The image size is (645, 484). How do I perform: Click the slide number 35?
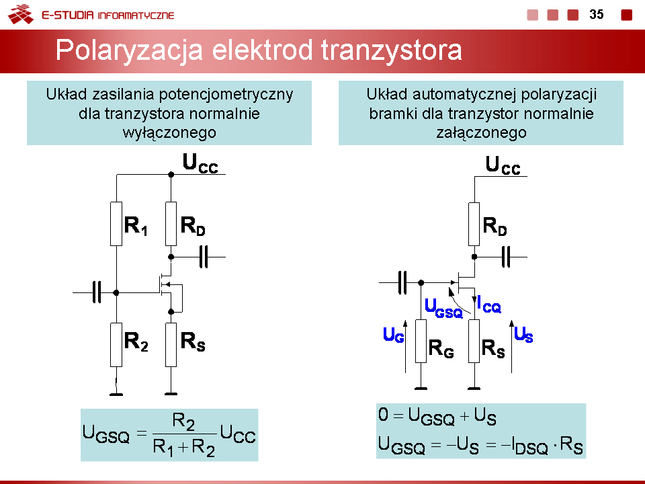pyautogui.click(x=597, y=14)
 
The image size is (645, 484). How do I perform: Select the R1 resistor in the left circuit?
pyautogui.click(x=116, y=224)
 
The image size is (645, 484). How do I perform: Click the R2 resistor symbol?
pyautogui.click(x=116, y=344)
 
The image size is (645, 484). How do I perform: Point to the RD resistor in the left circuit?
pyautogui.click(x=171, y=224)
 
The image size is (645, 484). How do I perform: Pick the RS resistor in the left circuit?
pyautogui.click(x=171, y=344)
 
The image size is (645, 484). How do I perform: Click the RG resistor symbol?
pyautogui.click(x=421, y=341)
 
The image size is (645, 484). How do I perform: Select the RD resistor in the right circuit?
pyautogui.click(x=474, y=224)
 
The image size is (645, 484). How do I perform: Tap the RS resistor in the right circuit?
pyautogui.click(x=474, y=341)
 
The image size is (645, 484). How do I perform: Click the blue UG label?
pyautogui.click(x=393, y=335)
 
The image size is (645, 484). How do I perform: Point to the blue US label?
pyautogui.click(x=523, y=334)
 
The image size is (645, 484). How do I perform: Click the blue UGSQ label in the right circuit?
pyautogui.click(x=443, y=309)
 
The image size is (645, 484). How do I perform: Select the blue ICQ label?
pyautogui.click(x=488, y=304)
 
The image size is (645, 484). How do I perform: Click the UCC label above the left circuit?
pyautogui.click(x=200, y=163)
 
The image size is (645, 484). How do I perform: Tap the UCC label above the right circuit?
pyautogui.click(x=503, y=165)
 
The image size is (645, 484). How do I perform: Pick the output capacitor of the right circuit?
pyautogui.click(x=507, y=256)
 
